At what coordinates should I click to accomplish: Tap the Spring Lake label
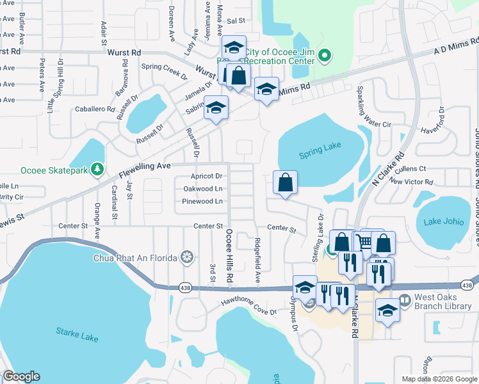(320, 155)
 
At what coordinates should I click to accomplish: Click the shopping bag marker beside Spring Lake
(286, 182)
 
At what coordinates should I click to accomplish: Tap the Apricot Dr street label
(206, 176)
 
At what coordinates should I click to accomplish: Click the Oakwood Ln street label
(203, 189)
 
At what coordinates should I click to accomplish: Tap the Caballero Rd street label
(95, 109)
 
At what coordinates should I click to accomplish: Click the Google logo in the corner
(21, 376)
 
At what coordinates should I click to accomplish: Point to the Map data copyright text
(439, 379)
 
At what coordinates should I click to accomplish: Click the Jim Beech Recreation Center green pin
(324, 56)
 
